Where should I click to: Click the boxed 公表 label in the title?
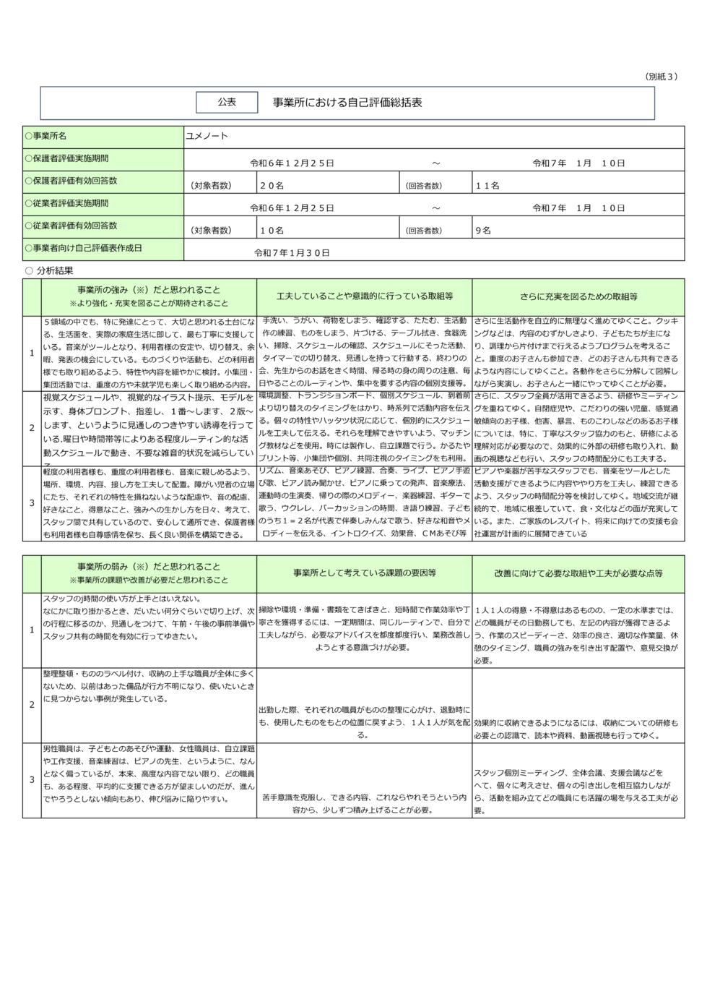click(x=227, y=103)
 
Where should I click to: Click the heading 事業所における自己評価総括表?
click(x=347, y=103)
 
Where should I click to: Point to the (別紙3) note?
click(x=660, y=77)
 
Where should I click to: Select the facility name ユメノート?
click(x=207, y=136)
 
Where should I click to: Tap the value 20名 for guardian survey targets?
click(x=272, y=186)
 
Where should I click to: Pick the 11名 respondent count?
click(x=487, y=186)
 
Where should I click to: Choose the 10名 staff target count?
click(x=272, y=231)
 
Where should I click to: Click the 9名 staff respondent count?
click(x=482, y=231)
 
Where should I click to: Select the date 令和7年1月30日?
click(x=292, y=253)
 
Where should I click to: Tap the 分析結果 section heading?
click(x=54, y=270)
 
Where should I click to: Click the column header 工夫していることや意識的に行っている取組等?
click(x=365, y=296)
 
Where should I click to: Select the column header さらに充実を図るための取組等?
click(x=578, y=296)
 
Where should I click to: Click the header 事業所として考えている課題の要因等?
click(x=365, y=573)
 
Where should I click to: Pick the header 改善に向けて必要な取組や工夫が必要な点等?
click(x=578, y=573)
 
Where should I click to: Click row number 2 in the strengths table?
click(x=32, y=428)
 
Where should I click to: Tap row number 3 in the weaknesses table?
click(x=32, y=780)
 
